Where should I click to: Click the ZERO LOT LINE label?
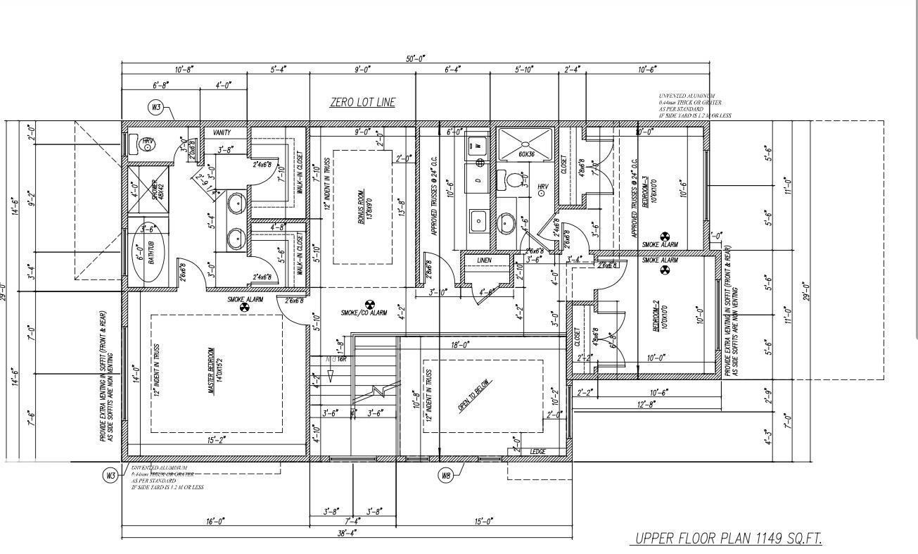tap(362, 102)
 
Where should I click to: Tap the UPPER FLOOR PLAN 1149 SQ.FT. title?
tap(728, 539)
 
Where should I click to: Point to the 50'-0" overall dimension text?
tap(415, 58)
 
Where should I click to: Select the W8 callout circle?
tap(445, 476)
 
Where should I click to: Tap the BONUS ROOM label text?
tap(363, 206)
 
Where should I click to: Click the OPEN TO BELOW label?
tap(476, 396)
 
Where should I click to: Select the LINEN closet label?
tap(484, 260)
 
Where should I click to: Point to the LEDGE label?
tap(537, 451)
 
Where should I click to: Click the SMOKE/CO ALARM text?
tap(364, 313)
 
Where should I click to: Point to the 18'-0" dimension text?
tap(460, 345)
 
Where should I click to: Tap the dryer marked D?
tap(478, 181)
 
